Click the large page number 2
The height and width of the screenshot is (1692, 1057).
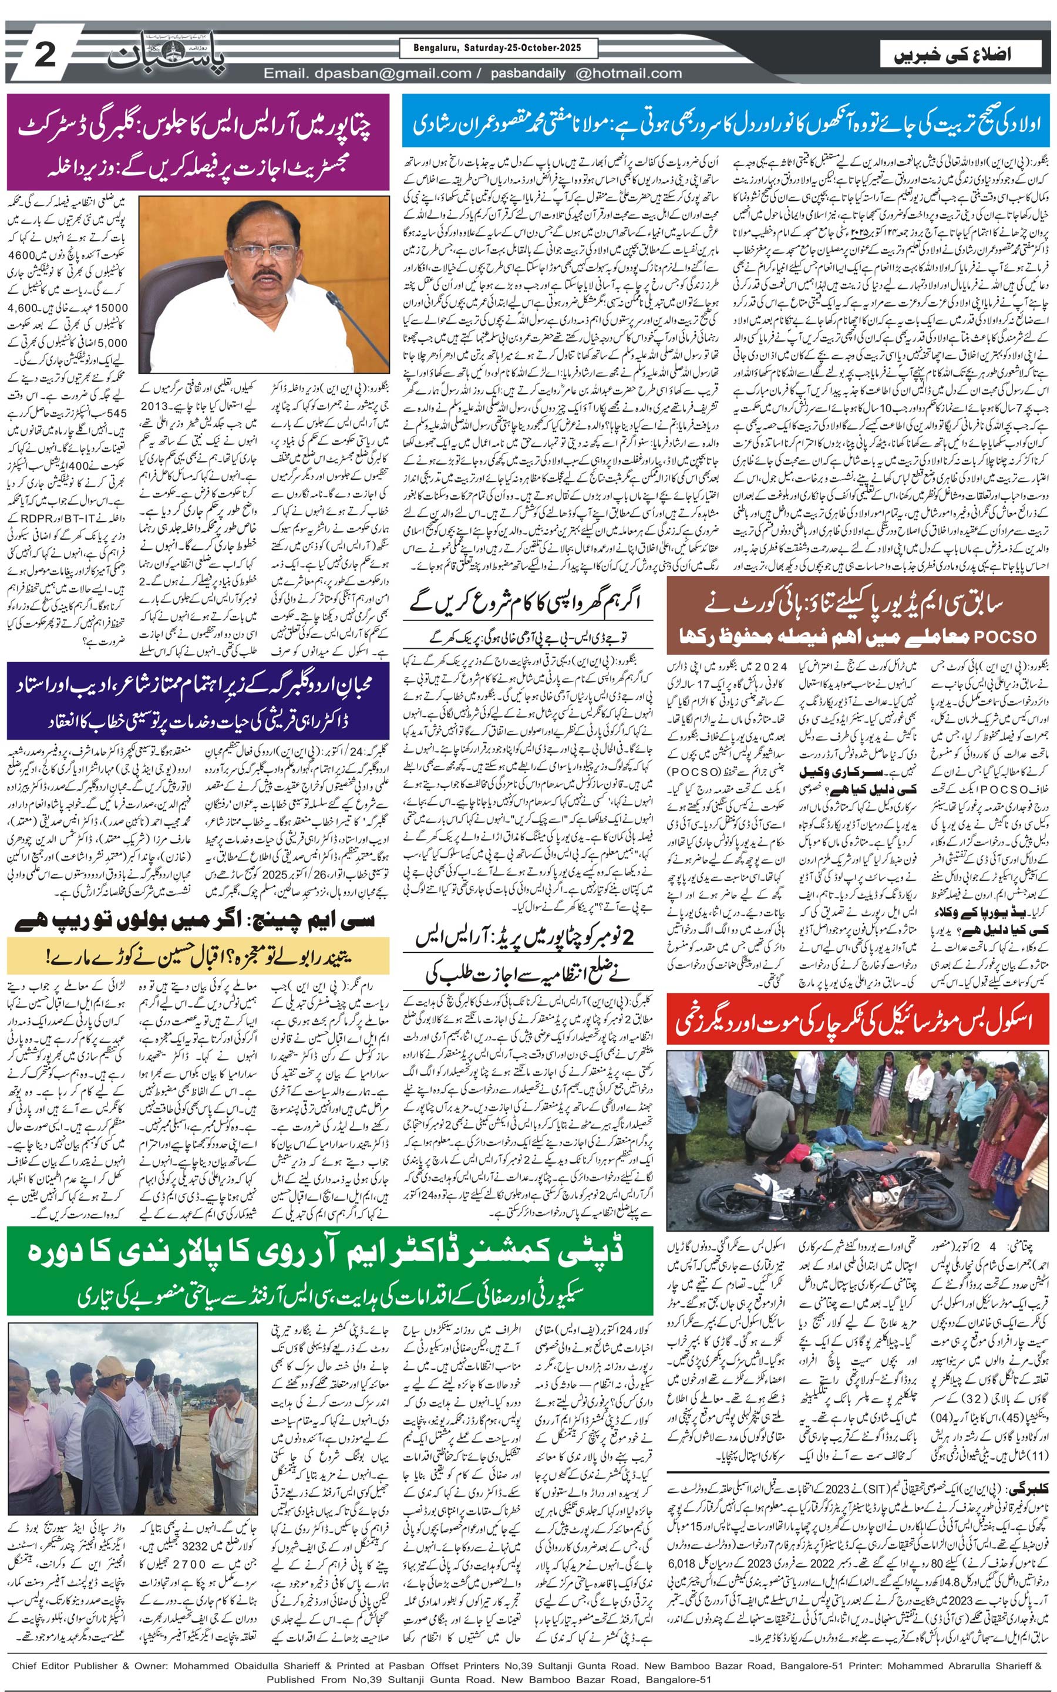[44, 55]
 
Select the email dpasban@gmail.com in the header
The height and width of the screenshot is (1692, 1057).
[368, 73]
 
